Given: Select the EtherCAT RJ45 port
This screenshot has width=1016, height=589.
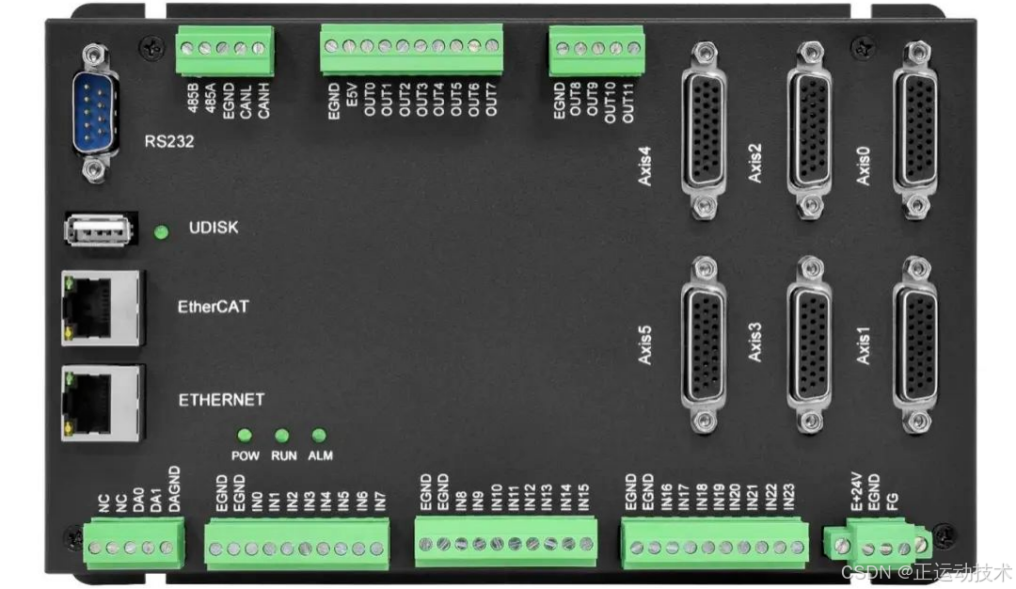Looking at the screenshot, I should pyautogui.click(x=102, y=307).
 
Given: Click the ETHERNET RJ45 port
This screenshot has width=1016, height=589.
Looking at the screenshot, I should pyautogui.click(x=102, y=403).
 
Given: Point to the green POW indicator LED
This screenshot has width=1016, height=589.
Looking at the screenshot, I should pyautogui.click(x=246, y=436).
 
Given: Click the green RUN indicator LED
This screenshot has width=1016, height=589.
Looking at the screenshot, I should pyautogui.click(x=282, y=436).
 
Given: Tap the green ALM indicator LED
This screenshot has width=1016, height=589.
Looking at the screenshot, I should pyautogui.click(x=319, y=436).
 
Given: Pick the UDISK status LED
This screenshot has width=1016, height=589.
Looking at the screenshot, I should pyautogui.click(x=162, y=231).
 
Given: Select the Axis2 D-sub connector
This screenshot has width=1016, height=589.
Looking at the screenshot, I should pyautogui.click(x=808, y=129).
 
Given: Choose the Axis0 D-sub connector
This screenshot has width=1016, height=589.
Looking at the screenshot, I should pyautogui.click(x=914, y=129).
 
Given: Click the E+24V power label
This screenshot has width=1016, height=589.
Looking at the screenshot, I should pyautogui.click(x=857, y=493).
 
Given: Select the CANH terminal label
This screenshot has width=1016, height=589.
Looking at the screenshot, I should pyautogui.click(x=264, y=98).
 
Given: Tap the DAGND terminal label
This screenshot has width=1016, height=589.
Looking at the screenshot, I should pyautogui.click(x=173, y=488).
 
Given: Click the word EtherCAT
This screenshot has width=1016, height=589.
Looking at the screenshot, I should pyautogui.click(x=214, y=307).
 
